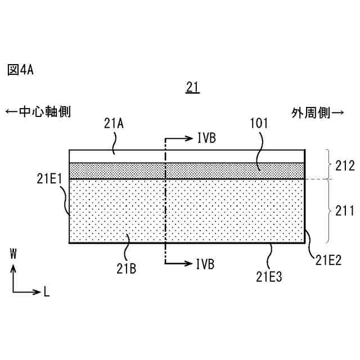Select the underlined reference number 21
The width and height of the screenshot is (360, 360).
point(192,87)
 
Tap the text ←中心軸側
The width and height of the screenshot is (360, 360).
point(38,112)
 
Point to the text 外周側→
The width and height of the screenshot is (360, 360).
point(318,112)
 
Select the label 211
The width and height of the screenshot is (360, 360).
point(344,211)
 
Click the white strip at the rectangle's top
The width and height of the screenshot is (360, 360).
point(141,156)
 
